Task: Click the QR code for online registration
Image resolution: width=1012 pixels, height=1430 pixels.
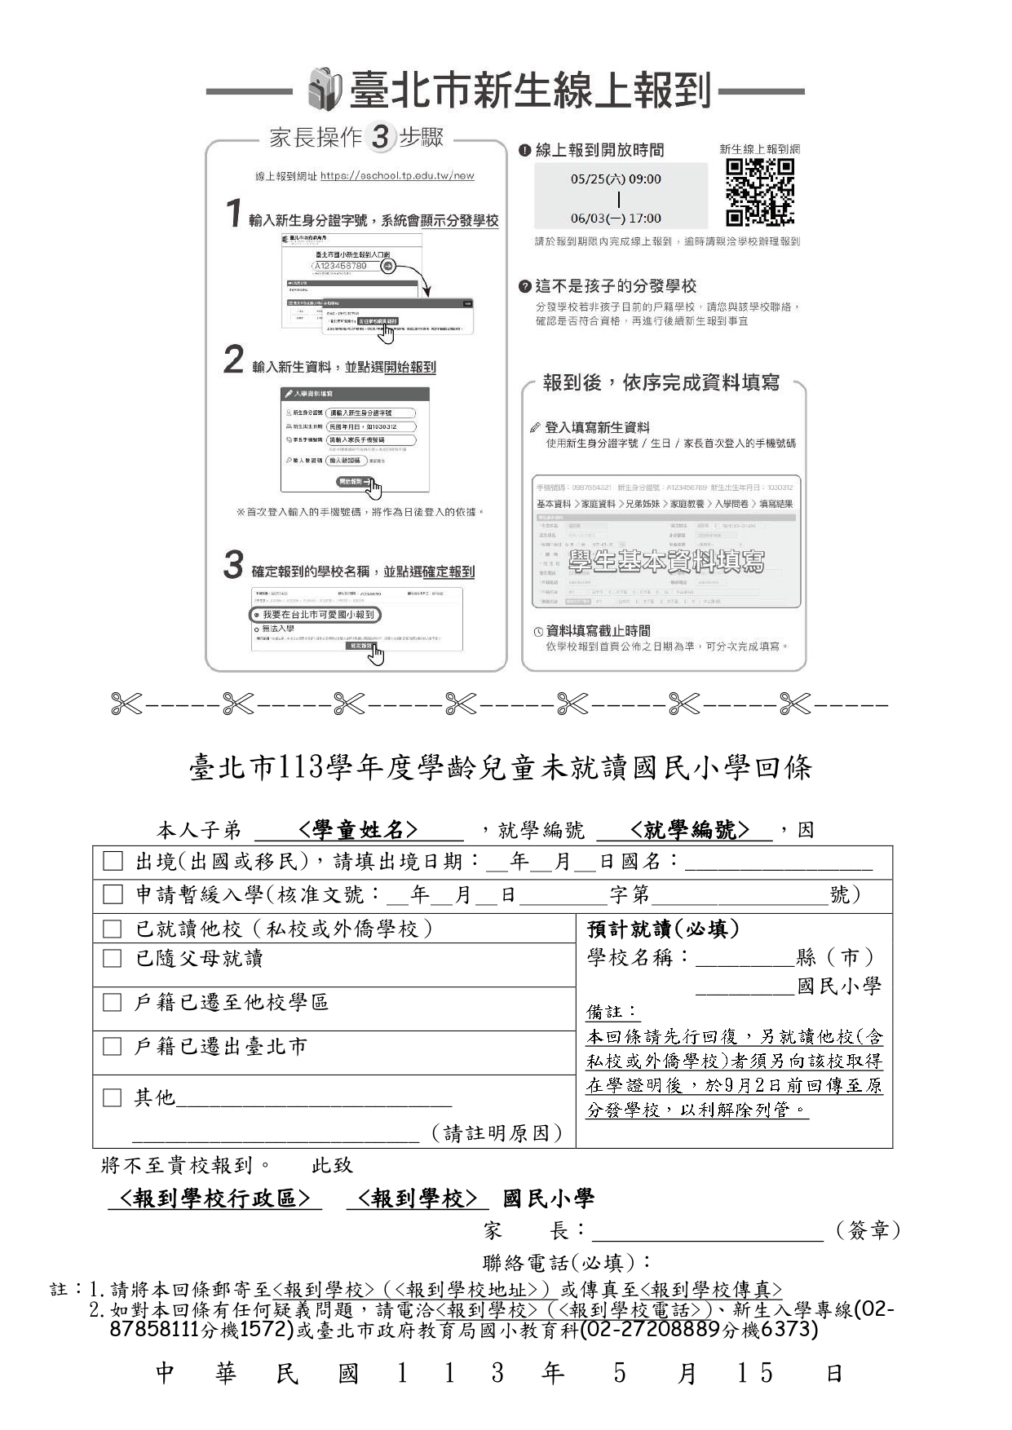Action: coord(759,192)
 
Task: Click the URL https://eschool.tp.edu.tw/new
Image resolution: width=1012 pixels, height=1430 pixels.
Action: coord(397,175)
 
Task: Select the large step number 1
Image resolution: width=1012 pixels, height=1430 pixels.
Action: coord(234,214)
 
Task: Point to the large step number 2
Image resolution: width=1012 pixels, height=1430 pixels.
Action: coord(234,360)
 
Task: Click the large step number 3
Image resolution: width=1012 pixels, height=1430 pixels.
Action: coord(234,565)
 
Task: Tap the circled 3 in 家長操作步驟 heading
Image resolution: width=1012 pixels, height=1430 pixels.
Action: coord(380,137)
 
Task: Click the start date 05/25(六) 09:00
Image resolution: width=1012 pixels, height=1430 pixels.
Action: coord(616,179)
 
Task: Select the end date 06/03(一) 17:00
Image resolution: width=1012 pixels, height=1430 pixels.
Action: coord(616,218)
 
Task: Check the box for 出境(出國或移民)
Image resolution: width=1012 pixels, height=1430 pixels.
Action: coord(113,862)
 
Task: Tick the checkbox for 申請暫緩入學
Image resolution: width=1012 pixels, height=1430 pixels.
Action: coord(113,895)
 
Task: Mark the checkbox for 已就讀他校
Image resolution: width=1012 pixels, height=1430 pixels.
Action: coord(113,929)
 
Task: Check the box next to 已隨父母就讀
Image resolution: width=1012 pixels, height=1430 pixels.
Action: coord(113,959)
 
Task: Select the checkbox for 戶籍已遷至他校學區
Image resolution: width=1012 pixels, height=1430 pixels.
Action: coord(113,1003)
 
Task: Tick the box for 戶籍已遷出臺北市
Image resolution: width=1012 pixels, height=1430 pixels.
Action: coord(113,1046)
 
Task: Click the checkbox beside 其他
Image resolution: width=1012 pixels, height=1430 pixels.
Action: coord(113,1097)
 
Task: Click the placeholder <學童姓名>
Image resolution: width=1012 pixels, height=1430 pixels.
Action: coord(358,830)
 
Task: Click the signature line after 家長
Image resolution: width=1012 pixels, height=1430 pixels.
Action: coord(707,1230)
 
